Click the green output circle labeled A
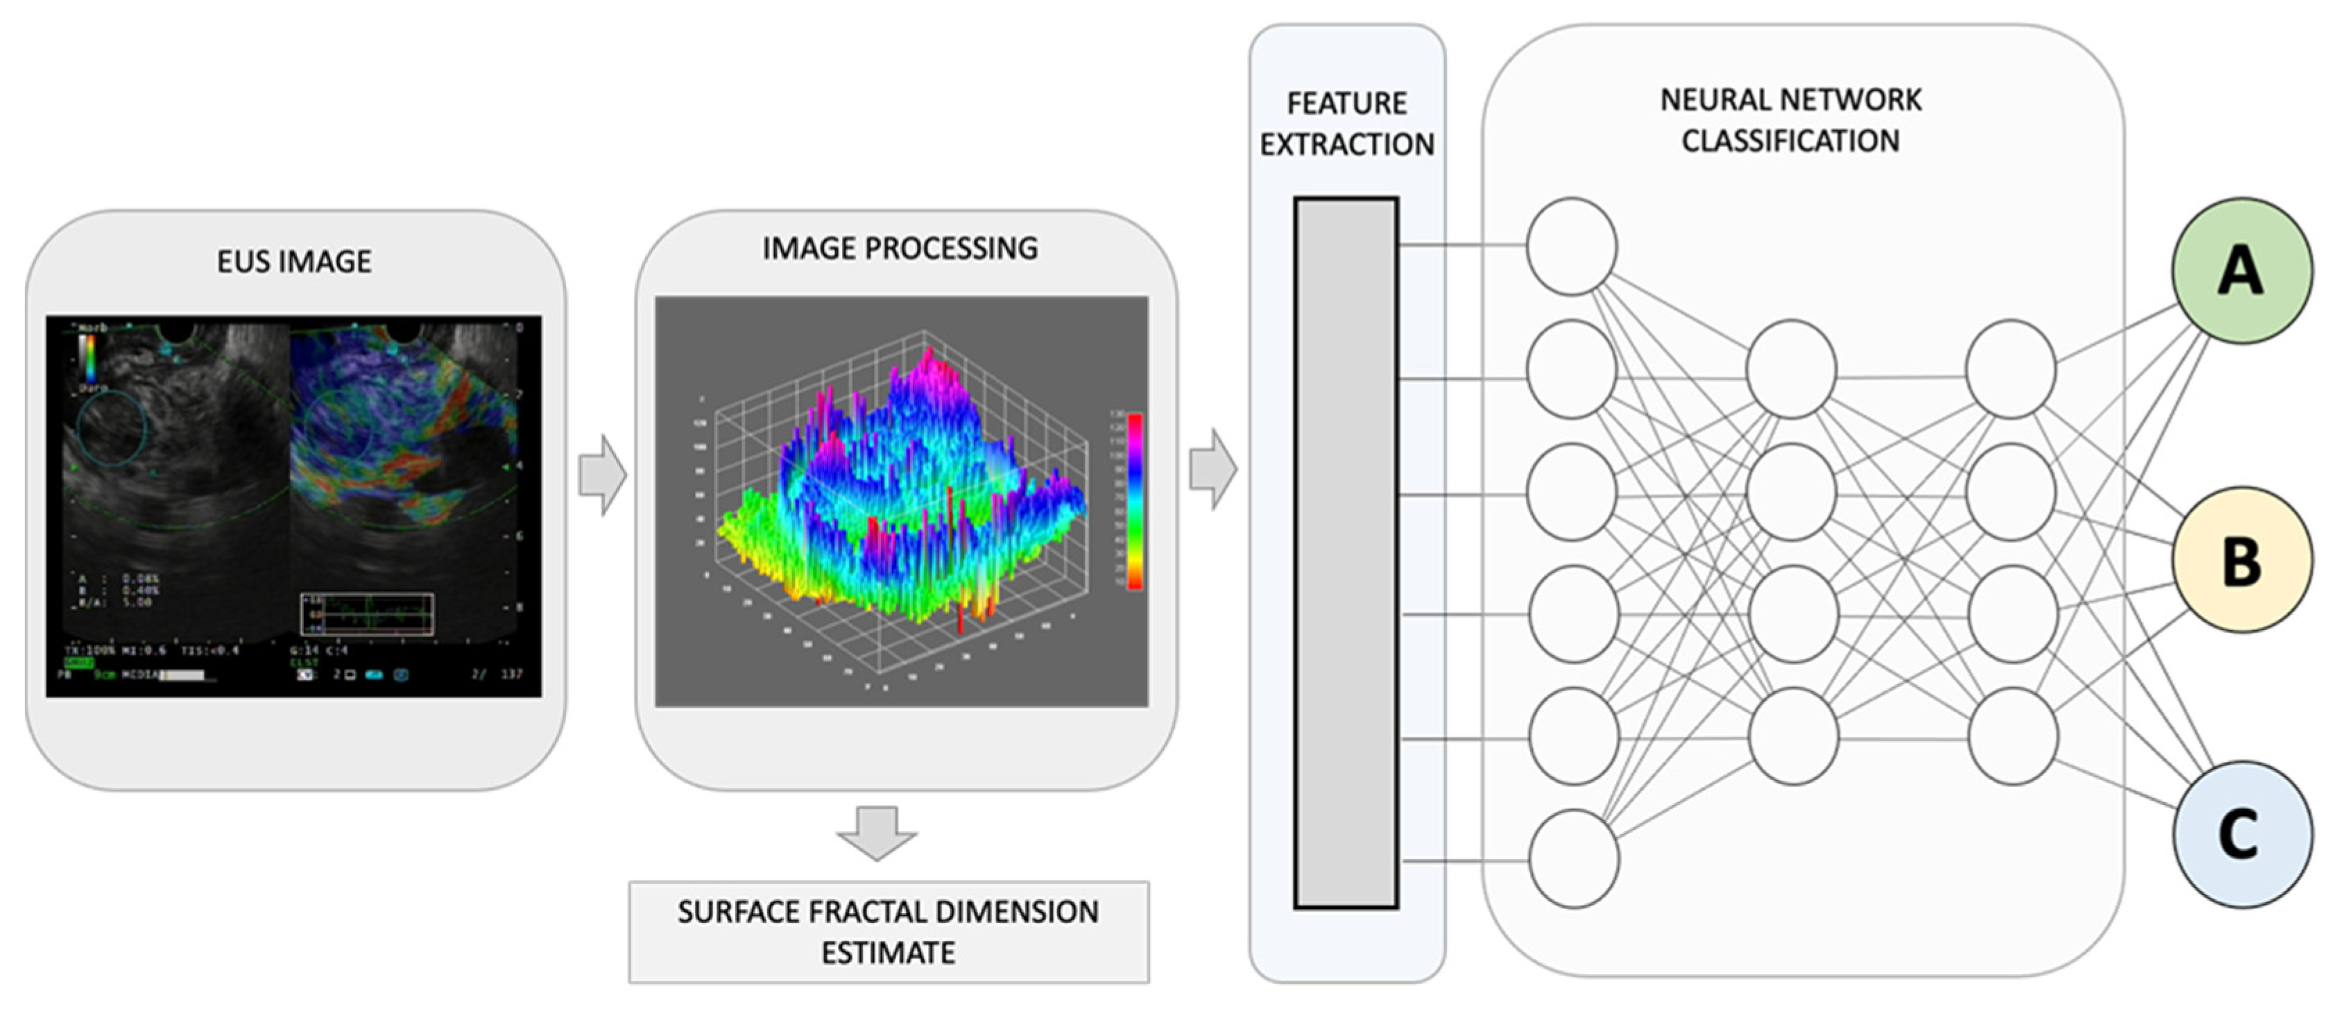2242,270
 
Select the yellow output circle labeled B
2242,559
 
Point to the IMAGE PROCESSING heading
900,248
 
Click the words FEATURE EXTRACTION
1346,124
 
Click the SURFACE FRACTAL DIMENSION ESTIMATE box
889,932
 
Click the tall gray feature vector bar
1346,552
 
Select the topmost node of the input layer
1571,246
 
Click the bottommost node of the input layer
1574,858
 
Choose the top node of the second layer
1792,369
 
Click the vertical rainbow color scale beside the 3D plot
1133,501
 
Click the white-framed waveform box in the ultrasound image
367,613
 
